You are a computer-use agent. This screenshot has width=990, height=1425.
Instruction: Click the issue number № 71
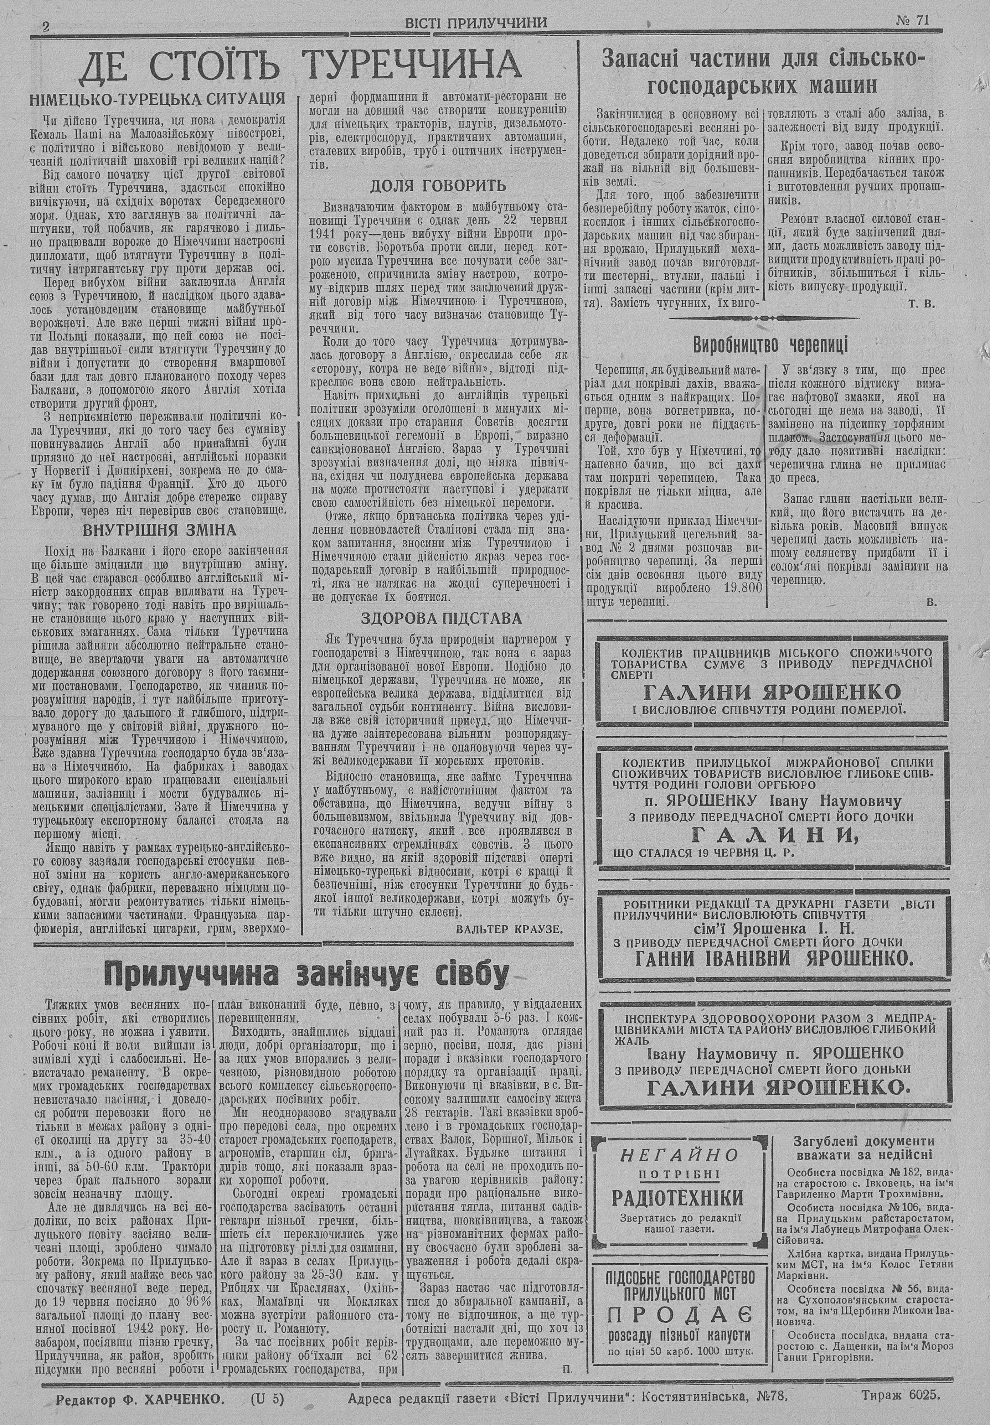[x=912, y=20]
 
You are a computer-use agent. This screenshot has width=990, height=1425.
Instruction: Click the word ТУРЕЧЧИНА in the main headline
[x=414, y=66]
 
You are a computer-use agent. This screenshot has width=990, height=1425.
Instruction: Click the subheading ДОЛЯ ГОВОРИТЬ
[x=438, y=185]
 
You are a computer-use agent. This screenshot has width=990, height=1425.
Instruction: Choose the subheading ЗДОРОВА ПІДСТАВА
[x=442, y=618]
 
